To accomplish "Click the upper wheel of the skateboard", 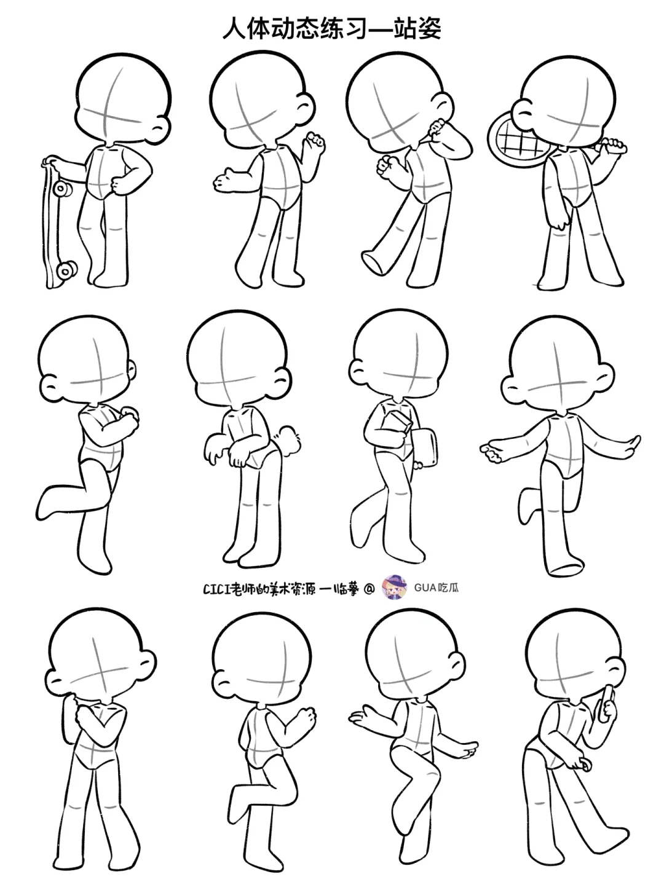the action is pos(63,189).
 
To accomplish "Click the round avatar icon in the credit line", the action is pos(394,588).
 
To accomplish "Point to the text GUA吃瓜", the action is pos(437,588).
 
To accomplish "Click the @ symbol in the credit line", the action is pos(369,589).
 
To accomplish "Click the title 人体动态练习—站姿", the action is pos(332,28).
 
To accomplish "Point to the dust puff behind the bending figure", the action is pos(289,441).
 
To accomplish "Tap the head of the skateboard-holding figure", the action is pos(123,99).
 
